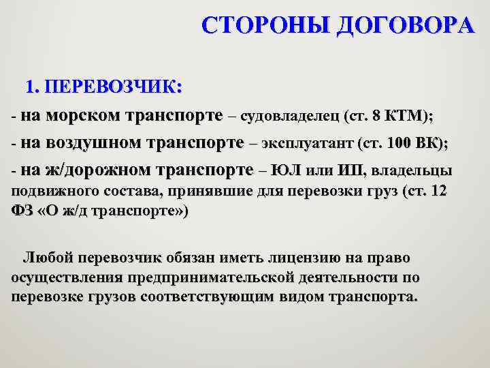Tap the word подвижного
coord(52,191)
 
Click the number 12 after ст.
coord(439,191)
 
